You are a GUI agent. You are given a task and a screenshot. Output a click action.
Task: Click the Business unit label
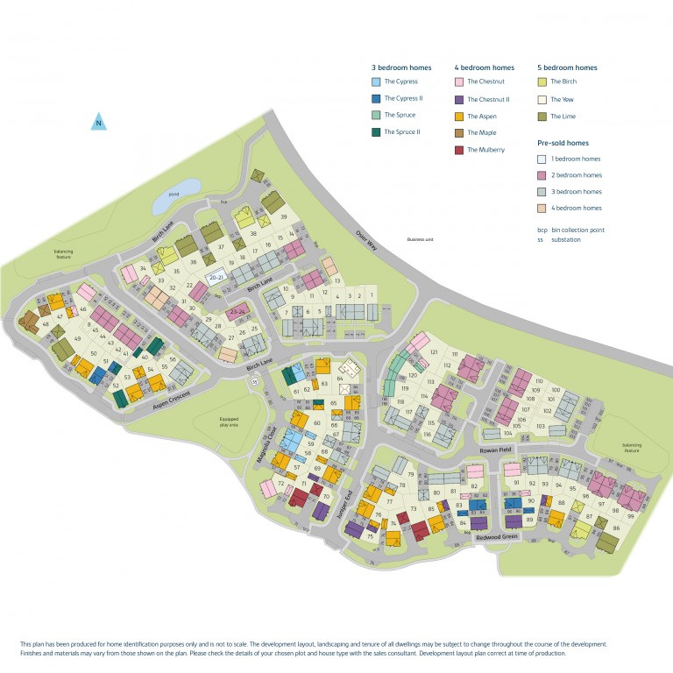click(421, 239)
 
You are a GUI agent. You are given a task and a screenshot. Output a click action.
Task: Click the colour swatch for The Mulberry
click(458, 150)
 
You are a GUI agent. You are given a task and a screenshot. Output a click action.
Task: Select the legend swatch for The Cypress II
click(376, 99)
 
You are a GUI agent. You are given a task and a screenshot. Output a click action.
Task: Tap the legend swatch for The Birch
click(542, 82)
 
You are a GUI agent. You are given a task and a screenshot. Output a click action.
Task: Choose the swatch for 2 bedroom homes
click(542, 175)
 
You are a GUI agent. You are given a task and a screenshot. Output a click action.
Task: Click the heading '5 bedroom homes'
click(567, 67)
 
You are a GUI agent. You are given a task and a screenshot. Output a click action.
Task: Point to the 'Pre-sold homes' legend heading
click(563, 143)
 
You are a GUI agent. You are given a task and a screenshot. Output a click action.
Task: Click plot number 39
click(284, 216)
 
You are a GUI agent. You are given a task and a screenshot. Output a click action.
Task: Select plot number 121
click(433, 351)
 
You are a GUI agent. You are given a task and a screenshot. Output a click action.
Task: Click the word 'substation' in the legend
click(565, 238)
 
